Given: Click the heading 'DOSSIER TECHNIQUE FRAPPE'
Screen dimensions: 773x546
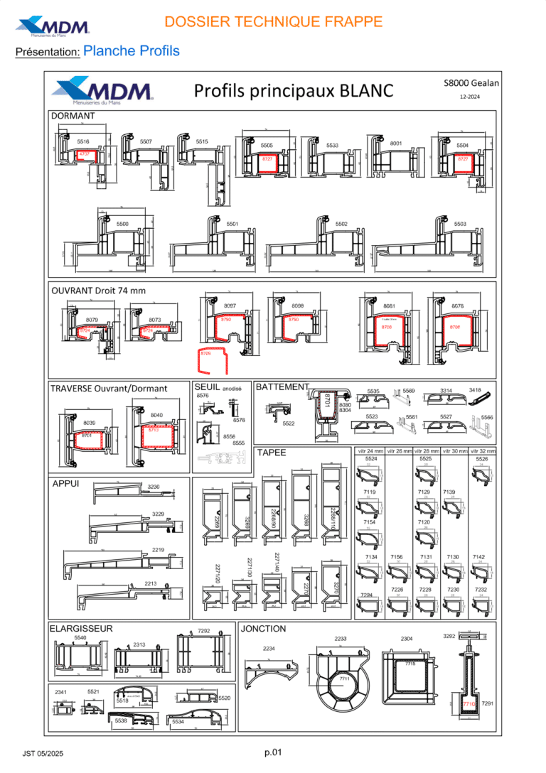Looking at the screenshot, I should pos(273,22).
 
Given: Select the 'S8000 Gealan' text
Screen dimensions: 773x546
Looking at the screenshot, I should pos(471,82).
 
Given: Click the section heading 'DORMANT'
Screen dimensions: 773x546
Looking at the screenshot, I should pos(73,115).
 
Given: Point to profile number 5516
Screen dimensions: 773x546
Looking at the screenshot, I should pos(83,142).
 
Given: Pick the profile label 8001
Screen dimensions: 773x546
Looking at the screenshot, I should pos(396,144).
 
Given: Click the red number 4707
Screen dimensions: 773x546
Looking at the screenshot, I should pos(84,154).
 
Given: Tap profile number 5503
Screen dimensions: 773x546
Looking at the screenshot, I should pos(460,224).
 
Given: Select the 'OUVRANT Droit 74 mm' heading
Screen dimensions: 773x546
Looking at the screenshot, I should pos(98,290).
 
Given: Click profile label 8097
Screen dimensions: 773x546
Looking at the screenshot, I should pos(229,306).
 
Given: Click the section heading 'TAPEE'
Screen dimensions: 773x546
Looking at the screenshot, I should pos(271,452).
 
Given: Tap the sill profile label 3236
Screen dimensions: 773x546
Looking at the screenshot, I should pos(154,487).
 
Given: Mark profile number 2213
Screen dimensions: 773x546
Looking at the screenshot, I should pos(151,583).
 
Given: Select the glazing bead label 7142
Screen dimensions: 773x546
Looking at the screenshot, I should pos(479,557).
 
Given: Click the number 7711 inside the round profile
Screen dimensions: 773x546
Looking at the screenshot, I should pos(344,679).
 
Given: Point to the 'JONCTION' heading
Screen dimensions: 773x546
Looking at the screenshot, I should pos(264,629).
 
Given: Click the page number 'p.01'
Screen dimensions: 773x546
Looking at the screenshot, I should pos(274,752).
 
